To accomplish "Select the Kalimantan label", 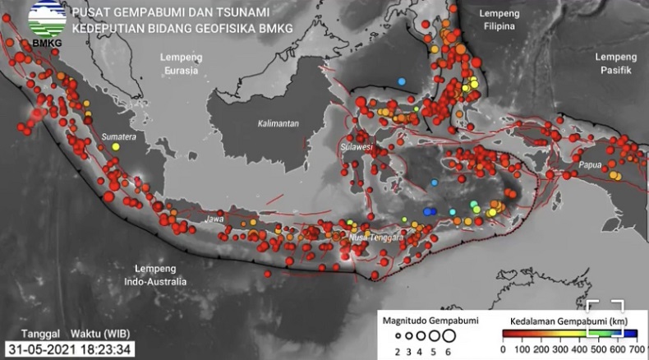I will (278, 124).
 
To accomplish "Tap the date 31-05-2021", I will (39, 348).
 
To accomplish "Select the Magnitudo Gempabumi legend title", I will (421, 317).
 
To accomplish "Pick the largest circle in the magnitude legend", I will (448, 335).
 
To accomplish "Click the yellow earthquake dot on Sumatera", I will (115, 146).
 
